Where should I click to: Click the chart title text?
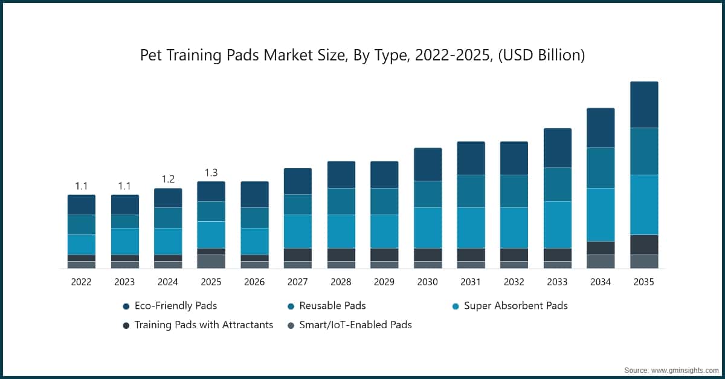point(362,56)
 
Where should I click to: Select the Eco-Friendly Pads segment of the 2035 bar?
point(643,105)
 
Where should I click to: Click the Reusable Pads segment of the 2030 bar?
point(428,194)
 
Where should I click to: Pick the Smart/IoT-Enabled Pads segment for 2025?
point(211,261)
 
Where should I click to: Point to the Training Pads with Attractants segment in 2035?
point(643,245)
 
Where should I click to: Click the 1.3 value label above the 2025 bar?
point(211,173)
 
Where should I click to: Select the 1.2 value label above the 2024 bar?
point(168,180)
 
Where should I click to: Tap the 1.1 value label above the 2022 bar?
point(82,186)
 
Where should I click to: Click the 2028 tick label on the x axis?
point(341,282)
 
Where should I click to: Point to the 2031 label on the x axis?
point(471,282)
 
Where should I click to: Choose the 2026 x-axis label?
point(254,282)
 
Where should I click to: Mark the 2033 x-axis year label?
point(557,282)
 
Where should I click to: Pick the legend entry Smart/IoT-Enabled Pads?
point(355,325)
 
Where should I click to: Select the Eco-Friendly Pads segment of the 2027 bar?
point(298,181)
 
